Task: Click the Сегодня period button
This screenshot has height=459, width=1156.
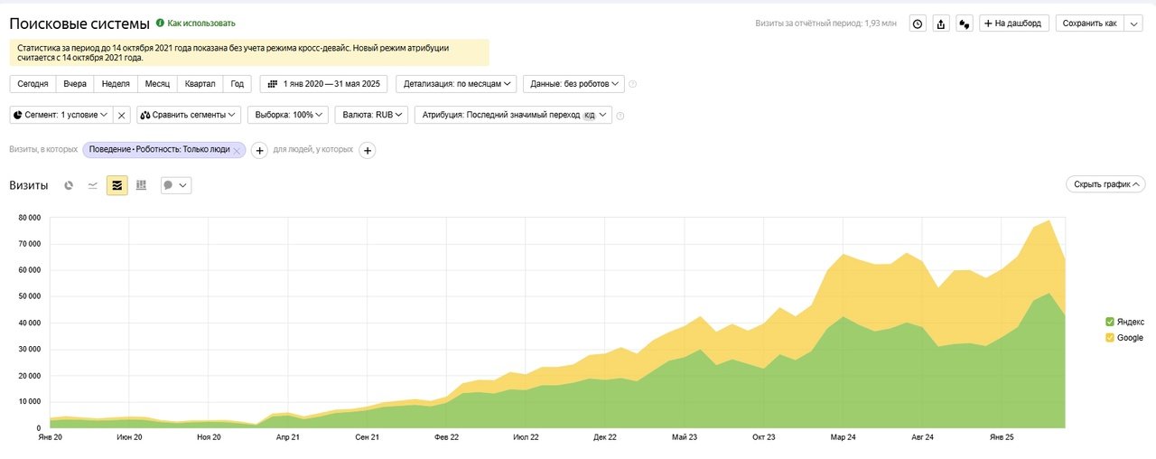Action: [x=33, y=84]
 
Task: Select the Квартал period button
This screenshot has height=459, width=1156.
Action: [x=200, y=84]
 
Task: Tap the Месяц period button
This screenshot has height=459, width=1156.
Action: [x=157, y=84]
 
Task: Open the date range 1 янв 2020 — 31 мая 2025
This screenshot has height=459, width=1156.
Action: [x=323, y=84]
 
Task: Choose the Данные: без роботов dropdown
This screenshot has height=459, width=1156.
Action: [x=573, y=84]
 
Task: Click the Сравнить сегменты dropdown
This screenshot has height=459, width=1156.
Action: [x=189, y=115]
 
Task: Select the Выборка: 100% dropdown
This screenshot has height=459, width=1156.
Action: [x=285, y=115]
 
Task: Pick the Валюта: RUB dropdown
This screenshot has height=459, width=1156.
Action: [x=371, y=115]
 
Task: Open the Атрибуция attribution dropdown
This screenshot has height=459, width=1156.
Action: [x=513, y=115]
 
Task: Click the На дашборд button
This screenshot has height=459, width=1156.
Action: [x=1014, y=23]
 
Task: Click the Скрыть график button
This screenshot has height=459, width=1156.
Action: [x=1105, y=184]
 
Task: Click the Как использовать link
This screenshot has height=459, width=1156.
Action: [x=200, y=23]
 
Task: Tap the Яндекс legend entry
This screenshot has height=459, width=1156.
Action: [x=1130, y=322]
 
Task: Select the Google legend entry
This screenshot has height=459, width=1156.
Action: [x=1129, y=338]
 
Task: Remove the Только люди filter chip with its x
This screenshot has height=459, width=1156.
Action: [x=237, y=150]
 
